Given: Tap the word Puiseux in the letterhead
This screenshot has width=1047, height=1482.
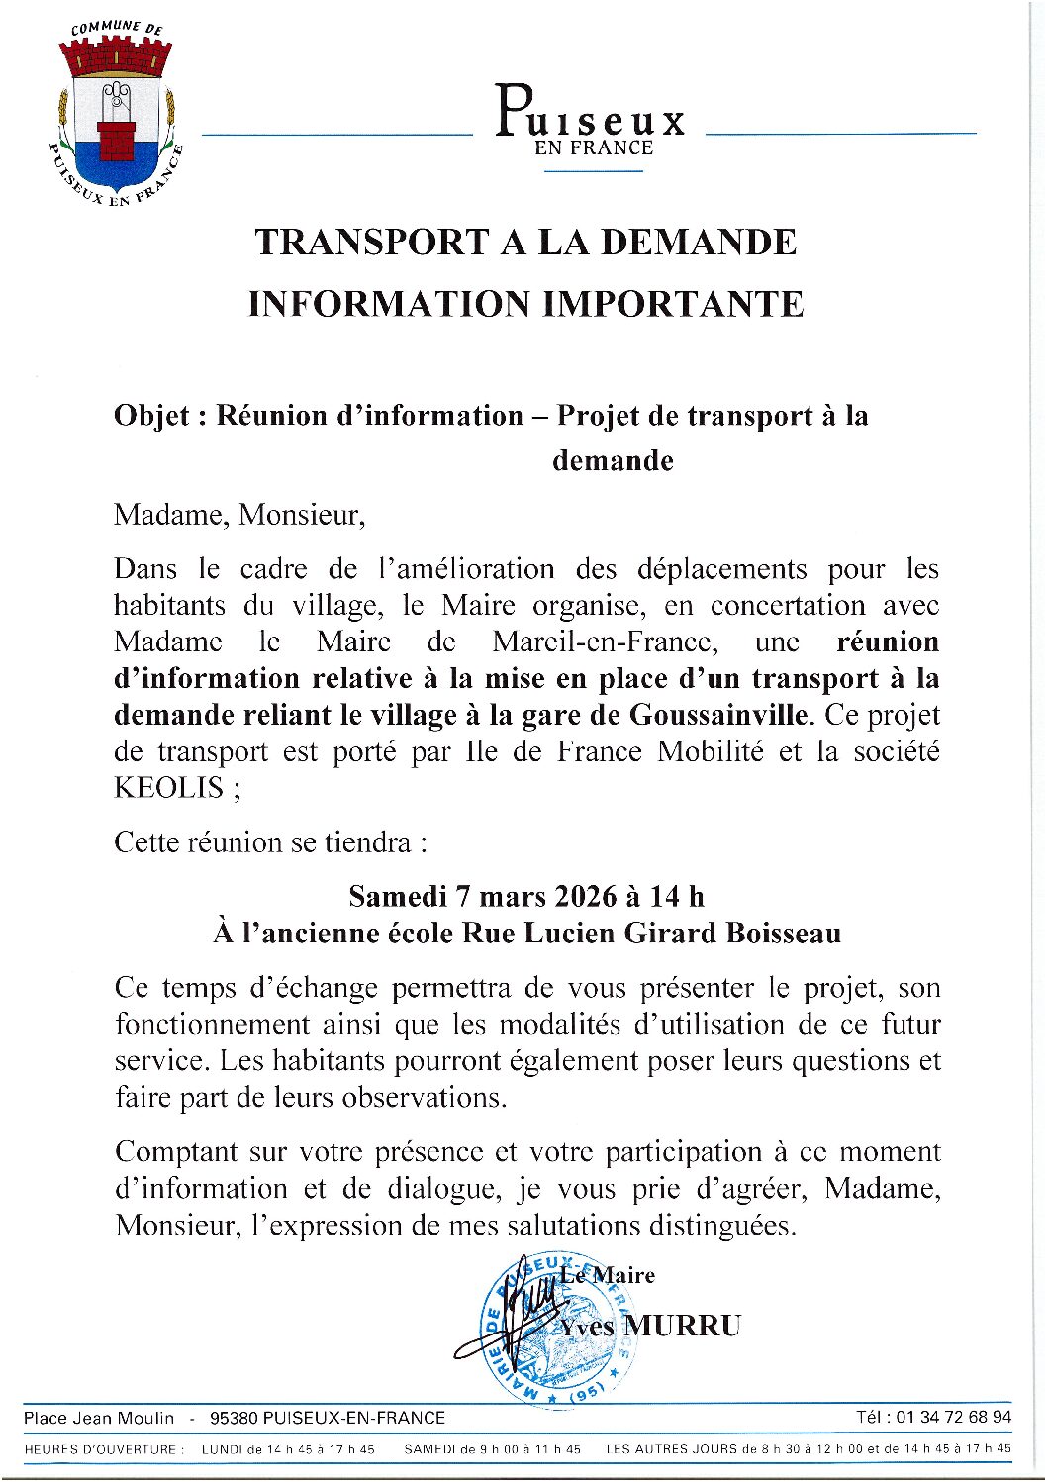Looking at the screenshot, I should tap(590, 114).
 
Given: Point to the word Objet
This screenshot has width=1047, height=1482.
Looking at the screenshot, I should tap(151, 416).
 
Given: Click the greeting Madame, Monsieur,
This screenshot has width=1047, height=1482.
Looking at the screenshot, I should tap(239, 515).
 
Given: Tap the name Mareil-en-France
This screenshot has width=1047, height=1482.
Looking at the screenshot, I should tap(604, 642).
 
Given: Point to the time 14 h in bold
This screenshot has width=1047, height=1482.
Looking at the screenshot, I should tap(678, 897).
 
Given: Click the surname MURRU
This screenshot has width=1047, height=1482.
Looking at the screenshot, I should tap(682, 1326).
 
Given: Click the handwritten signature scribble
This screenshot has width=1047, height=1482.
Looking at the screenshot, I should tap(505, 1322).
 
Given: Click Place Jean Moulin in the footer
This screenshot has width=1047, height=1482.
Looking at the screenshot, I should tap(99, 1418).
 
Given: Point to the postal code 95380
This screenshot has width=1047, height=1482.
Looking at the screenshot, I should tap(234, 1418).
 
